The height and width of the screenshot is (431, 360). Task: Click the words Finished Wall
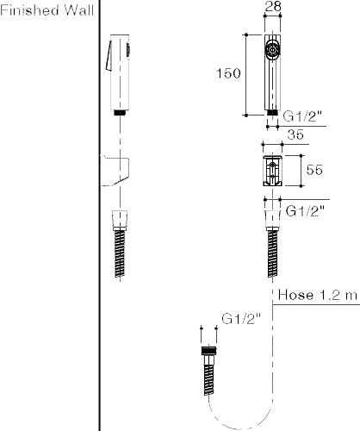click(47, 10)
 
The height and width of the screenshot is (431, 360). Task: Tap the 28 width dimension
click(273, 6)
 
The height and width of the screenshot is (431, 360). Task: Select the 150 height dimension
click(228, 73)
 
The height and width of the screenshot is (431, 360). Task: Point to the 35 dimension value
click(295, 134)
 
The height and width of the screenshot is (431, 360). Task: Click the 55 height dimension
click(314, 170)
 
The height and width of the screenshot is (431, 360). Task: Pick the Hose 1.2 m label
click(318, 295)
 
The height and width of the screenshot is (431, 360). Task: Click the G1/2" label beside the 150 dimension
click(303, 116)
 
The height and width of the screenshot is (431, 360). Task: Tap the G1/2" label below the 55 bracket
click(305, 211)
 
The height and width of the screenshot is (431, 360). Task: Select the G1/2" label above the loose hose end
click(241, 319)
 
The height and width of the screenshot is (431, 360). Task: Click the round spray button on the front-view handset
click(272, 50)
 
